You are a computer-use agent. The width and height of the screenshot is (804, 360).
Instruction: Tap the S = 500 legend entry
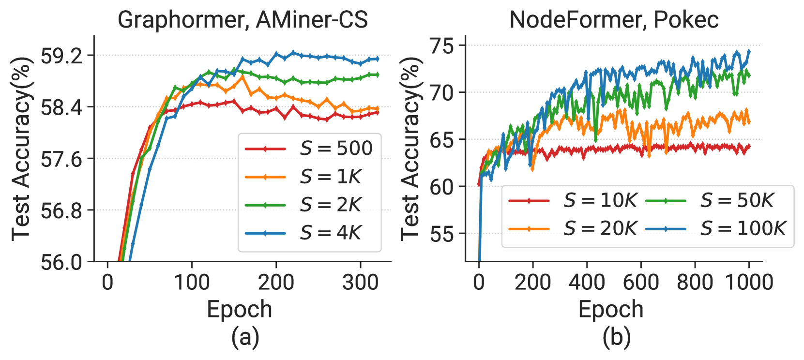click(309, 148)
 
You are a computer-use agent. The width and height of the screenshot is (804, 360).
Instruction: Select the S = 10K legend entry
click(573, 200)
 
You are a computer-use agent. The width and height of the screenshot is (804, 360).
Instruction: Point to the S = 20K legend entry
click(573, 228)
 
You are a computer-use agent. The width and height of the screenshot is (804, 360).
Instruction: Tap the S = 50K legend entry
click(710, 200)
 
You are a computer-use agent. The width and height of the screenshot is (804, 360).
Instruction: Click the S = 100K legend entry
click(716, 228)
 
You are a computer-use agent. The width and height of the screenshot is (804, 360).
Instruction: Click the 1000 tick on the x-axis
click(749, 282)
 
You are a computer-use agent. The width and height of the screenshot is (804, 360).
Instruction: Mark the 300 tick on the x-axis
click(360, 282)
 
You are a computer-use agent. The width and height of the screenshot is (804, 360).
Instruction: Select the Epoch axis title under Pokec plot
click(611, 309)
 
